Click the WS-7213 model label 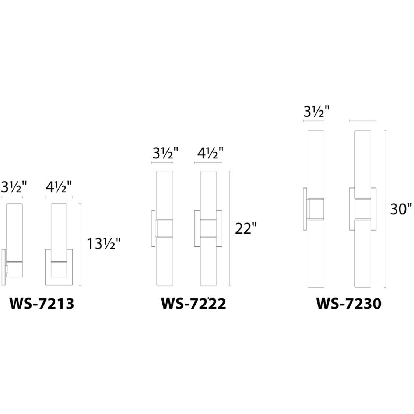[x=42, y=304]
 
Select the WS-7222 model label [x=193, y=304]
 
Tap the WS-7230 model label [x=349, y=304]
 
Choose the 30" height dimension [x=401, y=209]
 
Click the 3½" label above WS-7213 [x=14, y=187]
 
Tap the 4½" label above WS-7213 [x=59, y=187]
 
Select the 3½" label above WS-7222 [x=165, y=153]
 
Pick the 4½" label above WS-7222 [x=210, y=153]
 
